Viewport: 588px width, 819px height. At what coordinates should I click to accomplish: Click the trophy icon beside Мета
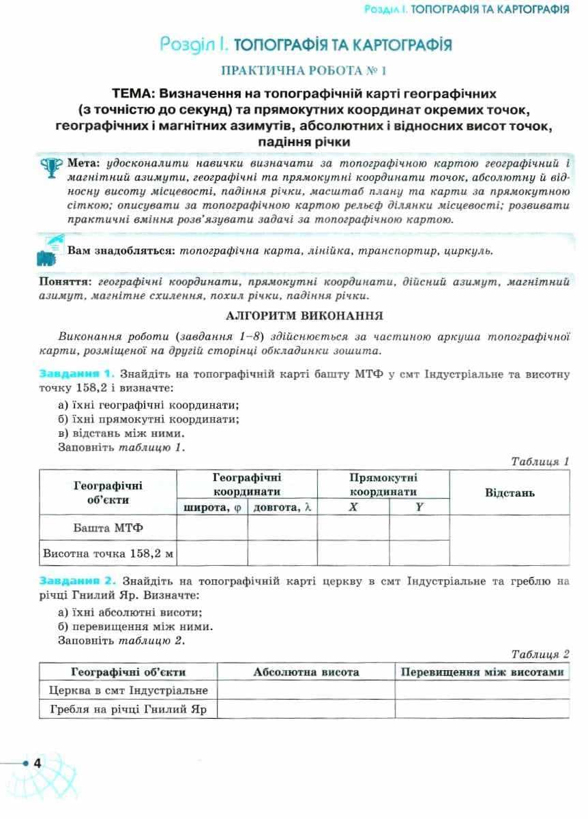click(x=53, y=167)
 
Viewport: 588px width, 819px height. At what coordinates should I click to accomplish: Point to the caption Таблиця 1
click(x=540, y=462)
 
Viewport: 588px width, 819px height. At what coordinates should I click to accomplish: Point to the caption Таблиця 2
click(x=540, y=654)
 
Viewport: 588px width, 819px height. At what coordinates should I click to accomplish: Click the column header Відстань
click(x=509, y=492)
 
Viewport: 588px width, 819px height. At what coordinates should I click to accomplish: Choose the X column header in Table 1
click(x=353, y=507)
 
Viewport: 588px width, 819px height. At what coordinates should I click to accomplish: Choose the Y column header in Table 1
click(x=419, y=507)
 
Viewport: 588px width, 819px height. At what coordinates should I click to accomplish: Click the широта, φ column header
click(x=211, y=507)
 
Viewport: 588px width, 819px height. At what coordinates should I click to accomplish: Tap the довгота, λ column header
click(x=282, y=507)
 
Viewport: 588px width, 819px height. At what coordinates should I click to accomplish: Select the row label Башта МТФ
click(x=108, y=528)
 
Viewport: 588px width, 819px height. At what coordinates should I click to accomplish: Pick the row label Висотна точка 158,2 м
click(x=108, y=554)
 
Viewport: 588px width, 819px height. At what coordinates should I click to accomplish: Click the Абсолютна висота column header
click(x=306, y=672)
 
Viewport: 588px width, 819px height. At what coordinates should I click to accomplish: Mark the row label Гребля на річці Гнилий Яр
click(x=128, y=709)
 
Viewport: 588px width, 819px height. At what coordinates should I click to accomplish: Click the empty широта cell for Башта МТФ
click(x=211, y=528)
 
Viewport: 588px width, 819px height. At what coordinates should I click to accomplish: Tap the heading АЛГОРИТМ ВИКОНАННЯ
click(x=304, y=316)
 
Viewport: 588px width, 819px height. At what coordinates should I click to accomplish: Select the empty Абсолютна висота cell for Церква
click(x=306, y=691)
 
